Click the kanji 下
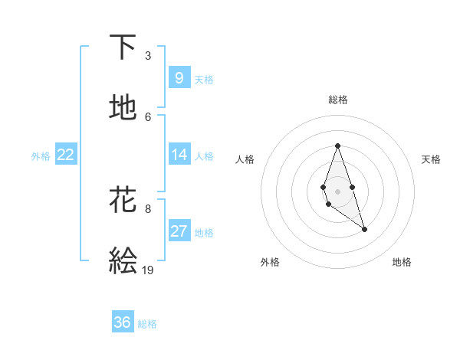point(123,47)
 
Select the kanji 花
point(123,200)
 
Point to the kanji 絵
point(123,261)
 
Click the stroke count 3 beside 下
point(147,56)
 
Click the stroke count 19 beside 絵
point(148,270)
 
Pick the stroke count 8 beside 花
point(147,208)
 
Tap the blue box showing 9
point(179,77)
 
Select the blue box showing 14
point(179,155)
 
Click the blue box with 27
point(179,231)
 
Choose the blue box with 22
point(65,155)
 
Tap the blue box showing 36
point(122,322)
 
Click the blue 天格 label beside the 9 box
point(204,79)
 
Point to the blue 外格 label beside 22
point(41,155)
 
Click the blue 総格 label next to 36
point(147,324)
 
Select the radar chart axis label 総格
point(337,100)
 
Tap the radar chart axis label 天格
point(431,159)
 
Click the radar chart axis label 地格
point(402,262)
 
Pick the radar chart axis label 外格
point(270,262)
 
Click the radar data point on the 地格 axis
point(364,229)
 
